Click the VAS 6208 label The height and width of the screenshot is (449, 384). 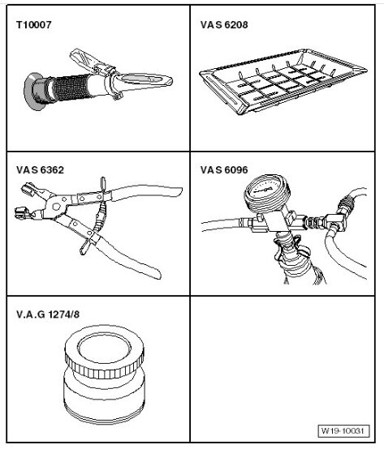pyautogui.click(x=224, y=26)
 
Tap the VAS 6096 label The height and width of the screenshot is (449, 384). pyautogui.click(x=224, y=172)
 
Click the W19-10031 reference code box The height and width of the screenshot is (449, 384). pyautogui.click(x=339, y=430)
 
